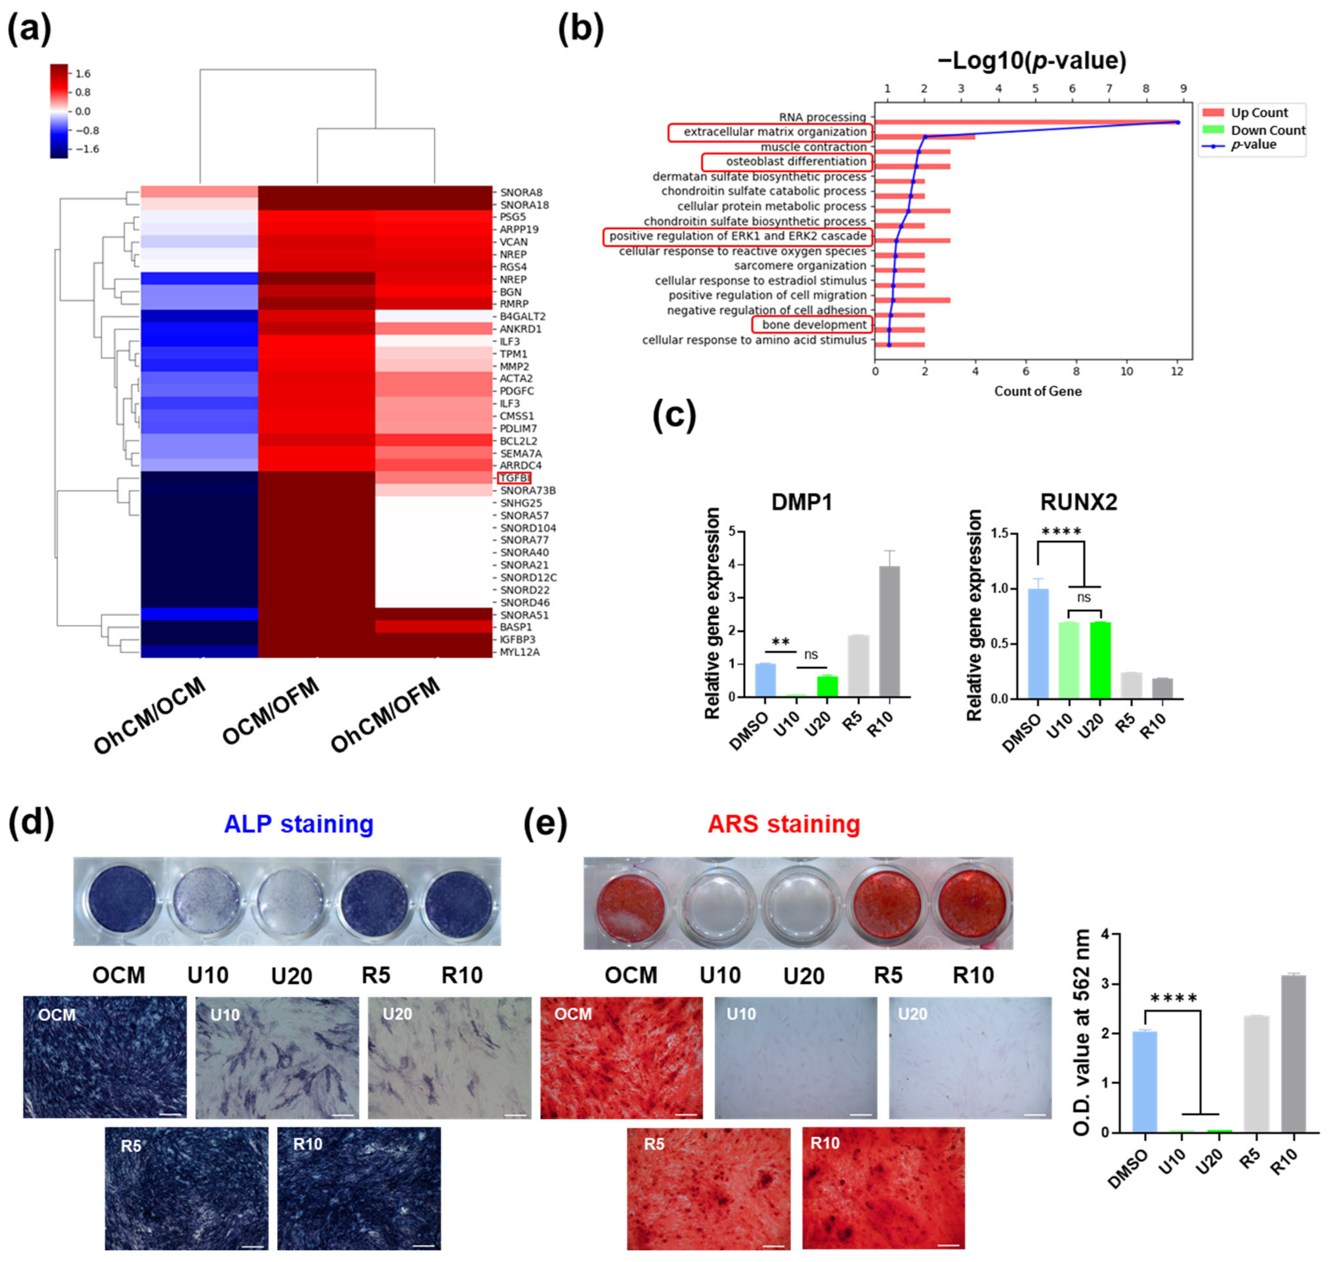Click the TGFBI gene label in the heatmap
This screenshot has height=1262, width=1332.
click(x=514, y=478)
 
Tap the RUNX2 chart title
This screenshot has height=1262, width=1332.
click(x=1078, y=502)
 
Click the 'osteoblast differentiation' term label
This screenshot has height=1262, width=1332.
click(x=796, y=161)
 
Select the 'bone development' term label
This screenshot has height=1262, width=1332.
click(x=814, y=325)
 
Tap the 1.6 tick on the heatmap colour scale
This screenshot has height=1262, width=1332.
click(x=83, y=74)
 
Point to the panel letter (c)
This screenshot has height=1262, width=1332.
click(x=674, y=415)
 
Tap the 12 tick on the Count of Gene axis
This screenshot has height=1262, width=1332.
click(x=1177, y=371)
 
